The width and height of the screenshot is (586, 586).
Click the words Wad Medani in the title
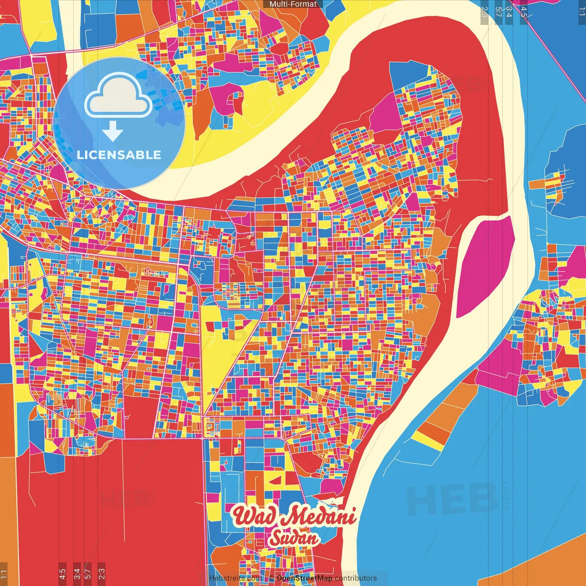[x=294, y=516]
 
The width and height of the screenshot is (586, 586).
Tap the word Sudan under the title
[x=293, y=538]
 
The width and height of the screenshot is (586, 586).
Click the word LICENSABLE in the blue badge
[x=119, y=155]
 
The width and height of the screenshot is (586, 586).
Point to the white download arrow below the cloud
[x=112, y=131]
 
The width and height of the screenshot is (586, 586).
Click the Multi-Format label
[x=293, y=4]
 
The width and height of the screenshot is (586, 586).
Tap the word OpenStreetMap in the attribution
[x=304, y=578]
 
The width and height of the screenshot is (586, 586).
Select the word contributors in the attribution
[x=356, y=578]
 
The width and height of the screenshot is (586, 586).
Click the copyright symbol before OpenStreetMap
[x=271, y=578]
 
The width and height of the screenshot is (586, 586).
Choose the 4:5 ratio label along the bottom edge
[x=62, y=573]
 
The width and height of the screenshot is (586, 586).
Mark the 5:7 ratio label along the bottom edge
[x=88, y=573]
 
